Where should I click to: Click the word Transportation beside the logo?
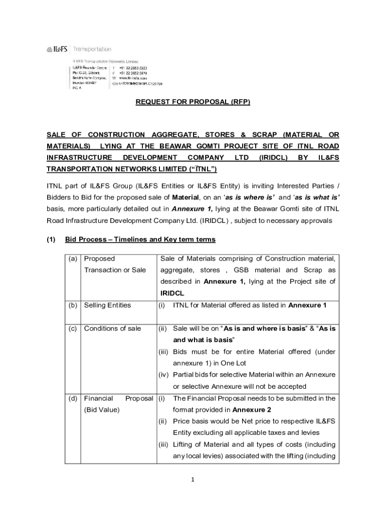(92, 49)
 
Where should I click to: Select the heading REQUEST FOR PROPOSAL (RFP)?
(192, 102)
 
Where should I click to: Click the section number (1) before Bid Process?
(51, 239)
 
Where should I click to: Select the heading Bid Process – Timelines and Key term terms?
(140, 239)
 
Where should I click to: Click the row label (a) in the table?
(73, 259)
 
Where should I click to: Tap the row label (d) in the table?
(73, 398)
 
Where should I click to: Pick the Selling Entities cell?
(107, 305)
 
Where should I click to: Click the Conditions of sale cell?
(112, 329)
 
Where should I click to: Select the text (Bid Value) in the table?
(102, 410)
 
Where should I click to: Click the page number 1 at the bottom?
(193, 479)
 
